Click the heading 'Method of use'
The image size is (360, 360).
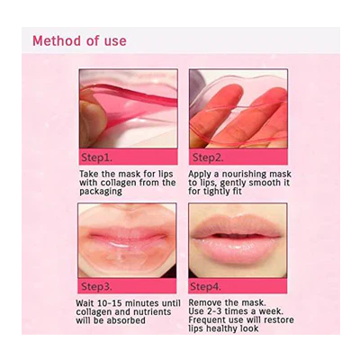point(79,40)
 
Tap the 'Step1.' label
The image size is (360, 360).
point(102,156)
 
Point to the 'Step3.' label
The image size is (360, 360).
point(102,285)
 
